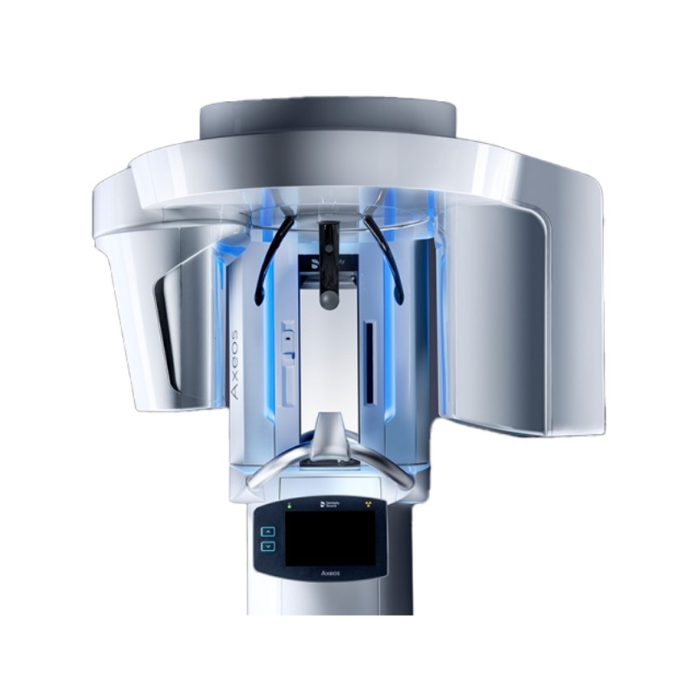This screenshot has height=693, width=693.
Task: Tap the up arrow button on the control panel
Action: [x=268, y=530]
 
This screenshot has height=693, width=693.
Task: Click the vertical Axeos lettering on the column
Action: [x=236, y=363]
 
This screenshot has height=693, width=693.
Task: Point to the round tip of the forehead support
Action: [x=328, y=300]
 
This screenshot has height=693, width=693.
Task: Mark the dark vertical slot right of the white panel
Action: [x=370, y=362]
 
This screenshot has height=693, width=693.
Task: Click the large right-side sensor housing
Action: [x=511, y=312]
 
